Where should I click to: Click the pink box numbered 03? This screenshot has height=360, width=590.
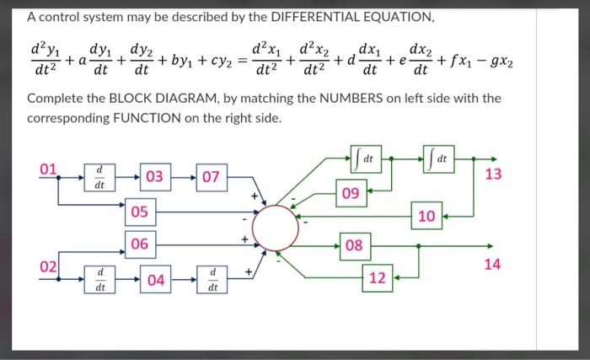point(154,177)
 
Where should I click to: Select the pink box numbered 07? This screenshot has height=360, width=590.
point(211,177)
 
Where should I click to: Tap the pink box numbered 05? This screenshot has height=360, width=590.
point(141,211)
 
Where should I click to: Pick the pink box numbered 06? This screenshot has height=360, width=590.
point(141,244)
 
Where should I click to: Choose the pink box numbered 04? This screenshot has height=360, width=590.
point(154,279)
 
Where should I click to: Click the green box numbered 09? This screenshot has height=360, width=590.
point(352,194)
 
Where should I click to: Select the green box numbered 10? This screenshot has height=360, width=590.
point(426,217)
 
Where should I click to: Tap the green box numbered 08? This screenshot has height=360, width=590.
point(354,246)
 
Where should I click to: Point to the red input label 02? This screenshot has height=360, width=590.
point(51,267)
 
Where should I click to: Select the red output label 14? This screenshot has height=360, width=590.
point(493,264)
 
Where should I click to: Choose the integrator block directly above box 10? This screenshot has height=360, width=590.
point(439,157)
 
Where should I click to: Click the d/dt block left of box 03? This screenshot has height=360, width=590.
point(99,177)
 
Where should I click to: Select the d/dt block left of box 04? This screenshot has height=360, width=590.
point(99,279)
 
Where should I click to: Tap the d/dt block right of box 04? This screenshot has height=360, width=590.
point(211,279)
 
